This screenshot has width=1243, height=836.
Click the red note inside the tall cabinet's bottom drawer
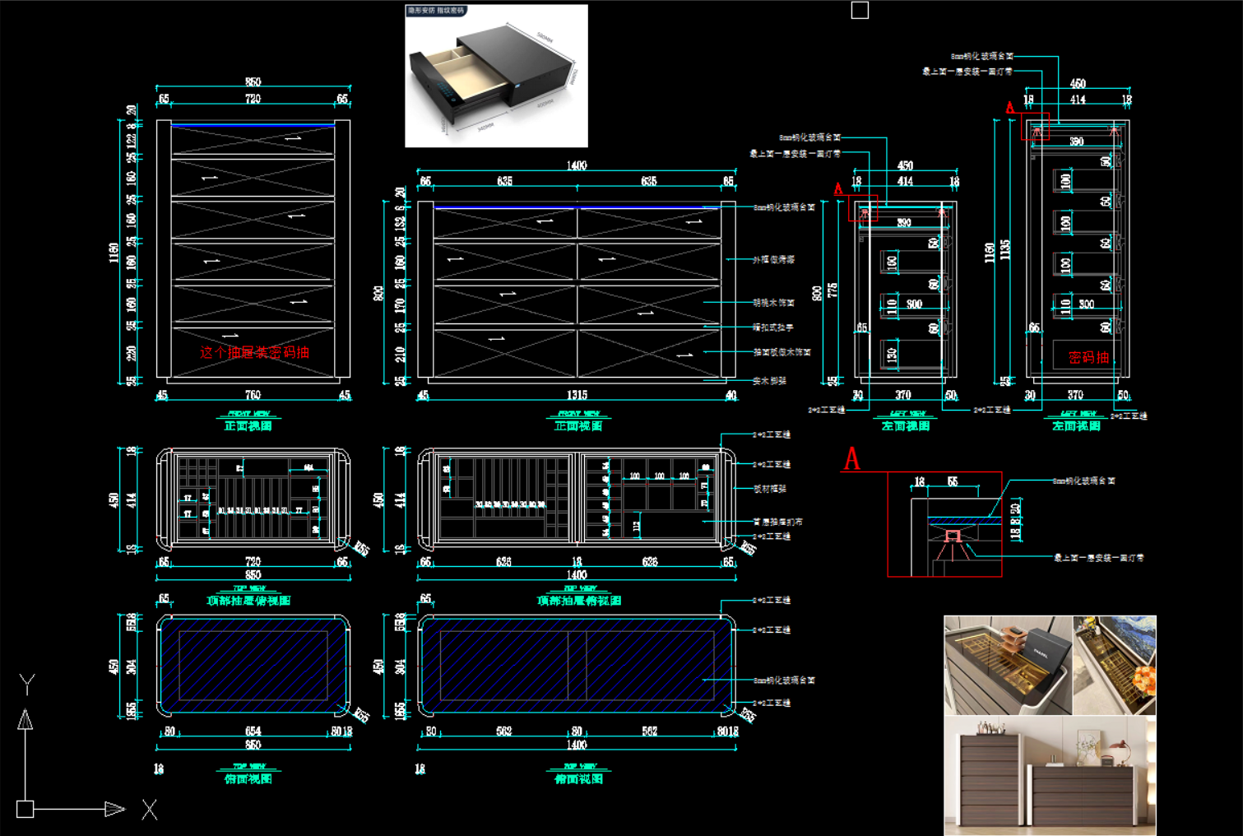[254, 352]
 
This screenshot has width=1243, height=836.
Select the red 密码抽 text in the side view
[1088, 357]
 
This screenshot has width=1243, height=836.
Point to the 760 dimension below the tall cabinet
[253, 396]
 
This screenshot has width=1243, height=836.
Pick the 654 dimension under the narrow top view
[253, 731]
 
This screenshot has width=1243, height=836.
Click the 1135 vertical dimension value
[1005, 250]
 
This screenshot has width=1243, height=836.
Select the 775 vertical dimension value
[833, 290]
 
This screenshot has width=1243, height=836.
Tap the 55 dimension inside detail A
[952, 481]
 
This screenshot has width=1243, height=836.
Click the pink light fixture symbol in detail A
[953, 536]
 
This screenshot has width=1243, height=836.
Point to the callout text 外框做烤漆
[774, 259]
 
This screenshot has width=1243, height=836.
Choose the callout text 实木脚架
[770, 381]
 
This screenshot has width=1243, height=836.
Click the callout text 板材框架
[770, 489]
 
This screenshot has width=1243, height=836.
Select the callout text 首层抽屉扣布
[777, 522]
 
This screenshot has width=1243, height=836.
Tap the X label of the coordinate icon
[149, 810]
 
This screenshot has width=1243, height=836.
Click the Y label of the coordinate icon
[27, 683]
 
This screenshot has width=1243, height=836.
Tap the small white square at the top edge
[860, 10]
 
